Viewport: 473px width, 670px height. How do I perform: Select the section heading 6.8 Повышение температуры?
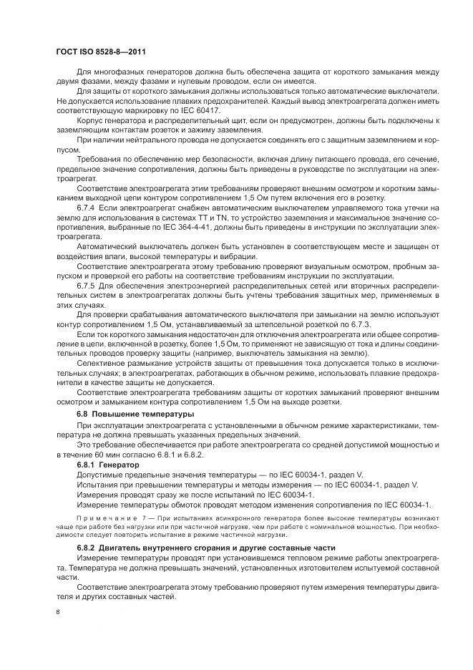125,414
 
